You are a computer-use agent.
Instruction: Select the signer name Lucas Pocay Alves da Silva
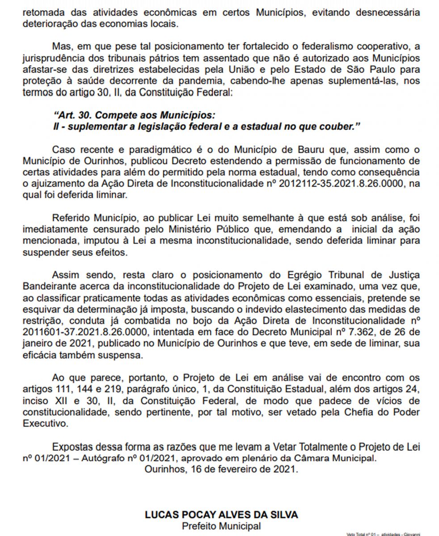coord(221,515)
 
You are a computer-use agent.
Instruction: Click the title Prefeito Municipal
coord(221,526)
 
